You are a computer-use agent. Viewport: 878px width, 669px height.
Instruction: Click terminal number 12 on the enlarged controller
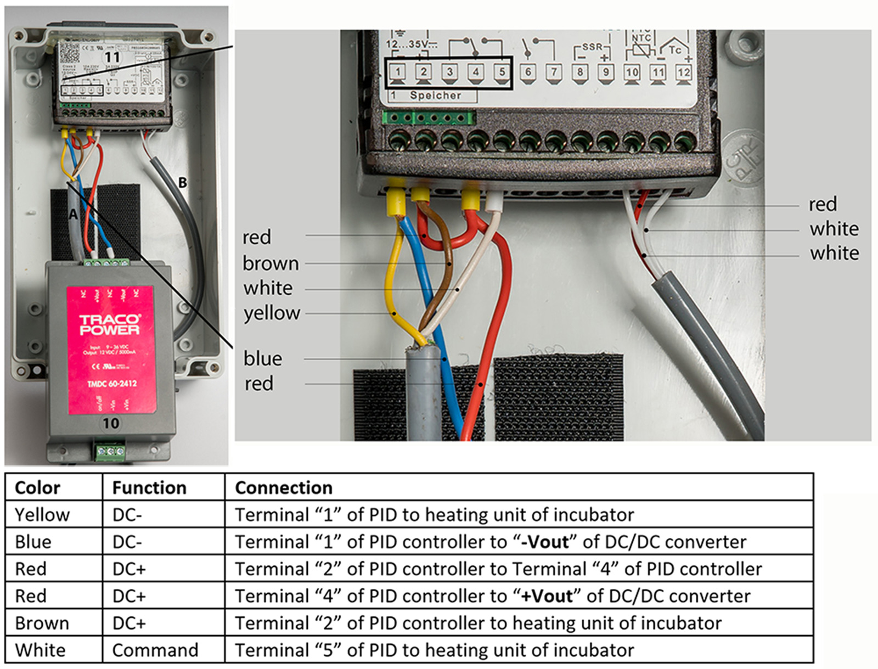tap(684, 72)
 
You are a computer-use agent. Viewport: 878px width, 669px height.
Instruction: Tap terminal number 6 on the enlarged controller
tap(528, 72)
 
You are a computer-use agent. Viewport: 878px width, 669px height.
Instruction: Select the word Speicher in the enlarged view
tap(435, 95)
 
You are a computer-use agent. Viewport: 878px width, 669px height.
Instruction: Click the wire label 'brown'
tap(271, 263)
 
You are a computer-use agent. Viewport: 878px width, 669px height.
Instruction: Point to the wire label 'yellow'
tap(272, 313)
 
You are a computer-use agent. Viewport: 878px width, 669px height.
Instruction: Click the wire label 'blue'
tap(263, 358)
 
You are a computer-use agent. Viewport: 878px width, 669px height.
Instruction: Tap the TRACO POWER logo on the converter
tap(110, 325)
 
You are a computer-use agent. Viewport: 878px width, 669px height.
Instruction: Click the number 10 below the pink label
tap(111, 423)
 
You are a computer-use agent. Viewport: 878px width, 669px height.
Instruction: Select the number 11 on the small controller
tap(112, 57)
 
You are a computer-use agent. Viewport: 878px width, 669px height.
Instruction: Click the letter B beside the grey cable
tap(183, 183)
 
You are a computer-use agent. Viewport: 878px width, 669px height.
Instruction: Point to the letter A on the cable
tap(74, 215)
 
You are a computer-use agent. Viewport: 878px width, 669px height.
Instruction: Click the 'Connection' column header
tap(284, 487)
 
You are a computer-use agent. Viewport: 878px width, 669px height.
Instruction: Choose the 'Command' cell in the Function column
tap(155, 650)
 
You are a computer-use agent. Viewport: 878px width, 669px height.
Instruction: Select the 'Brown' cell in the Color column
tap(42, 623)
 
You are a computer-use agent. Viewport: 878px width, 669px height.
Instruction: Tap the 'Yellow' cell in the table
tap(42, 515)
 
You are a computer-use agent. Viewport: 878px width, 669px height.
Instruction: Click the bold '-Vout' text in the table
tap(545, 542)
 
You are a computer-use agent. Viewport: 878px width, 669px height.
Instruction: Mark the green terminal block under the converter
tap(110, 452)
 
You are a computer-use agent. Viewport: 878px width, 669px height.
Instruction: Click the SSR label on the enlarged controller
tap(592, 47)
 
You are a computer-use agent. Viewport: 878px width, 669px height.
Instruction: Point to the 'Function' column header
tap(149, 487)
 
